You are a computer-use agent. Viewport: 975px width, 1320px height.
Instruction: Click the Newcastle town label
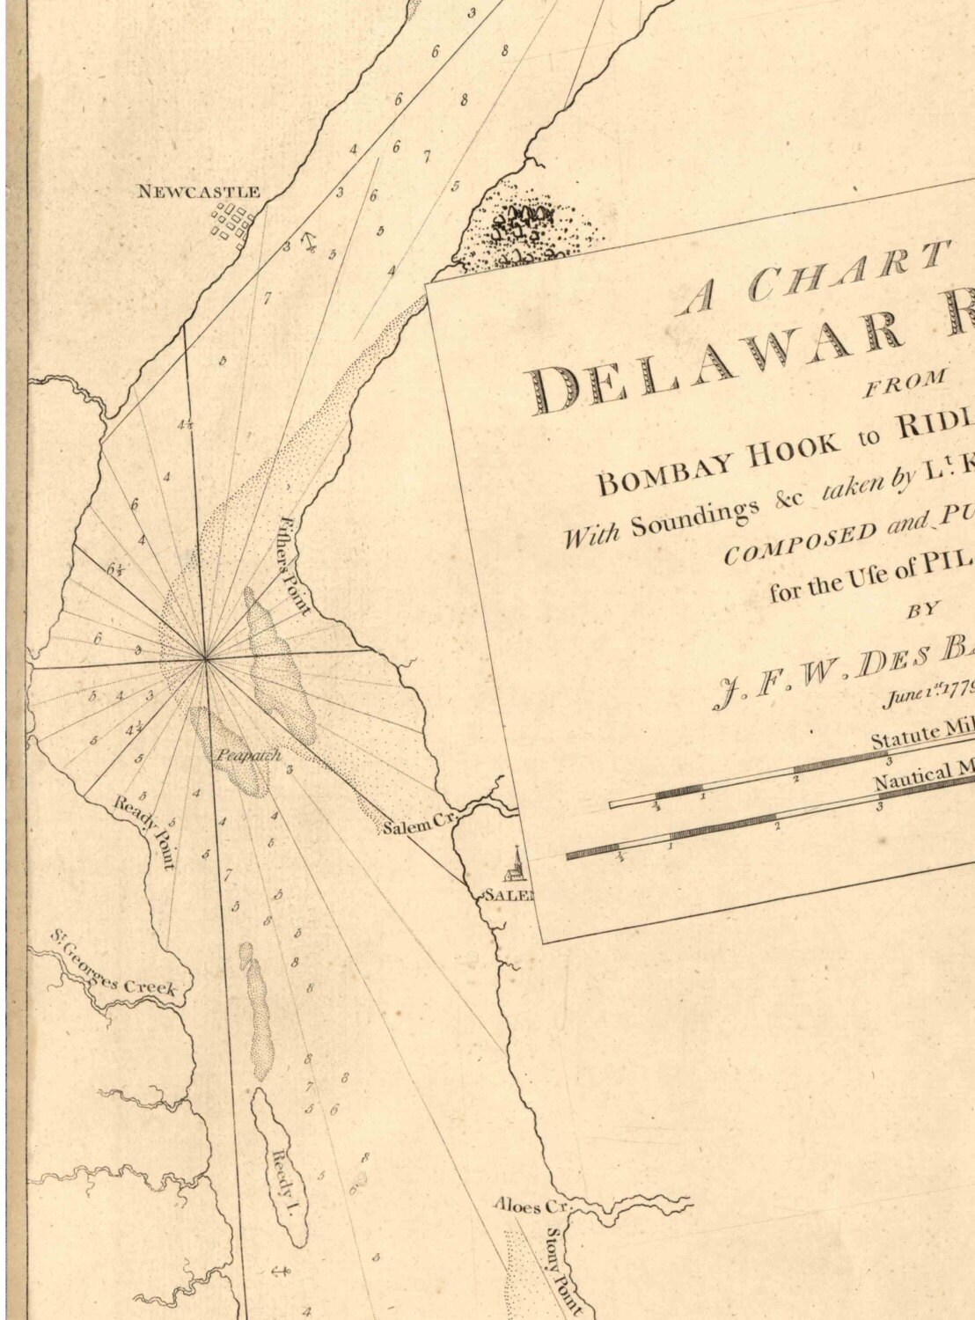click(x=198, y=191)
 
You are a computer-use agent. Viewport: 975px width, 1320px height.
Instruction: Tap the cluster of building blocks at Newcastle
click(x=232, y=223)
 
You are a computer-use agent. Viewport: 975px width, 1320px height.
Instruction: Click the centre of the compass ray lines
click(x=205, y=657)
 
